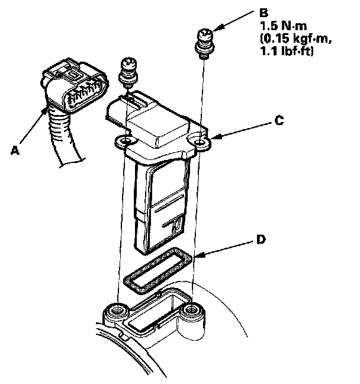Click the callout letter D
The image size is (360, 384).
[x=260, y=240]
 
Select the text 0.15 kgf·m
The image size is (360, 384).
[x=288, y=40]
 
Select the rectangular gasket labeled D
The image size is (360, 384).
[x=159, y=271]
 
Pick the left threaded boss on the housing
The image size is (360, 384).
[x=117, y=311]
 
